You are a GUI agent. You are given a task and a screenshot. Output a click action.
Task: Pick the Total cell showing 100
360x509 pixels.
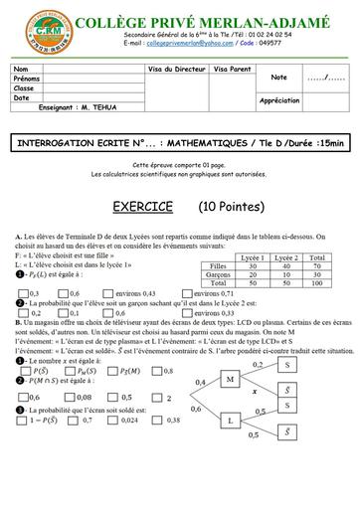click(x=316, y=283)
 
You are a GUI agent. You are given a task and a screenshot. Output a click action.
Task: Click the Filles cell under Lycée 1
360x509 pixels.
click(x=254, y=266)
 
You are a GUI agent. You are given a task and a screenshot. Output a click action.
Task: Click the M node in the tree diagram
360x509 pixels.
click(x=229, y=380)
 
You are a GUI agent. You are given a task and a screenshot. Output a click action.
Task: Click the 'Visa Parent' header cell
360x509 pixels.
click(x=232, y=70)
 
